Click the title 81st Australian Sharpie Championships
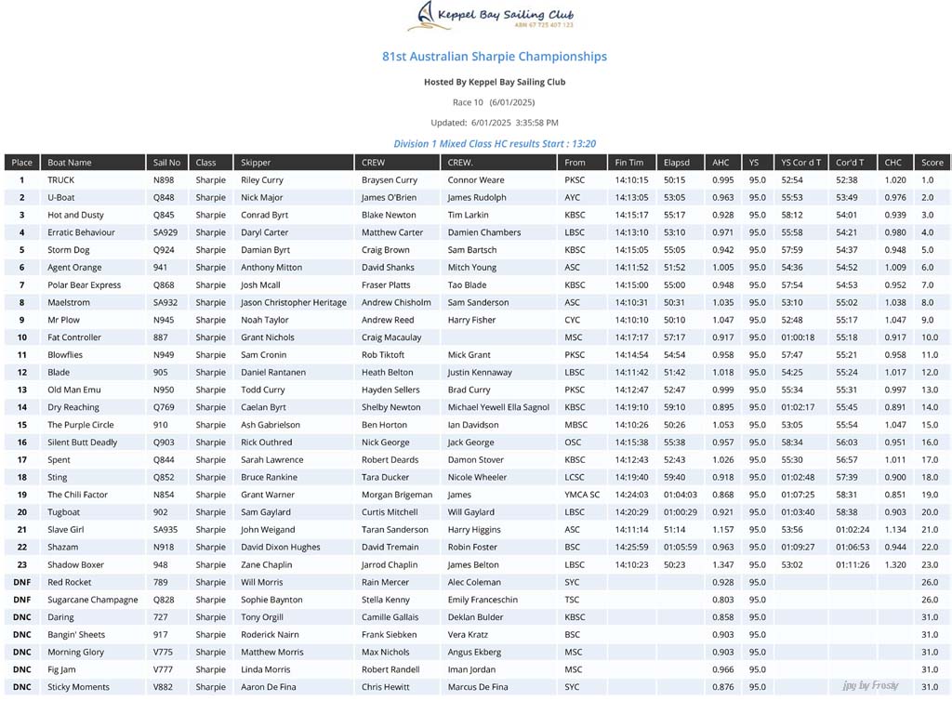pyautogui.click(x=495, y=57)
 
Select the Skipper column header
pyautogui.click(x=256, y=163)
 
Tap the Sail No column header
pyautogui.click(x=167, y=163)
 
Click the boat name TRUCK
pyautogui.click(x=61, y=180)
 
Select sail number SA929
pyautogui.click(x=165, y=232)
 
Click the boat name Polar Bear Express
pyautogui.click(x=85, y=285)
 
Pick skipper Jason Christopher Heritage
pyautogui.click(x=294, y=303)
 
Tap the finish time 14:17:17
pyautogui.click(x=631, y=337)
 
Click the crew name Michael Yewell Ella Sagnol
pyautogui.click(x=498, y=407)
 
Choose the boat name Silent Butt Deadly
pyautogui.click(x=83, y=443)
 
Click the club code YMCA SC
pyautogui.click(x=582, y=495)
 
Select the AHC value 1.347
pyautogui.click(x=722, y=564)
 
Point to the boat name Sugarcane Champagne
pyautogui.click(x=93, y=600)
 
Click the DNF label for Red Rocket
pyautogui.click(x=22, y=582)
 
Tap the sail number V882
pyautogui.click(x=164, y=687)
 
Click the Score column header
pyautogui.click(x=932, y=163)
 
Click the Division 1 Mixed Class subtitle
pyautogui.click(x=495, y=144)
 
